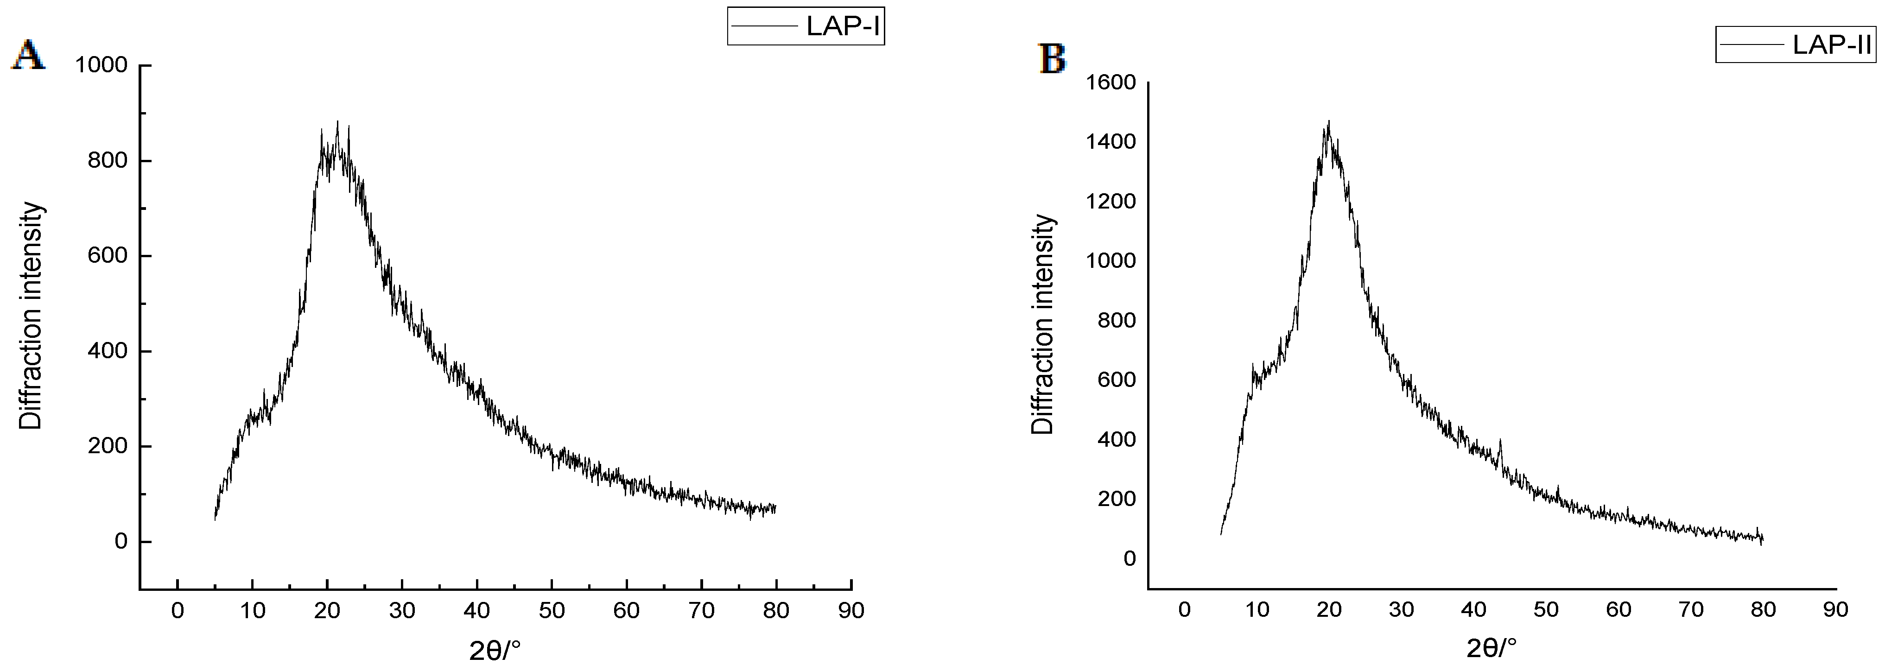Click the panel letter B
point(1052,58)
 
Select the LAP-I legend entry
point(806,26)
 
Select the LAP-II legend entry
point(1796,44)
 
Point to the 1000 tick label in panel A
point(101,65)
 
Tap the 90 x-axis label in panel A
point(851,610)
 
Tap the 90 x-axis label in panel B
point(1835,609)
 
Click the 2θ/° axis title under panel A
point(495,649)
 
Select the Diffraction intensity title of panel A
point(31,316)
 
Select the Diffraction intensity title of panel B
point(1043,324)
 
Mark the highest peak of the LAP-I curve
point(337,123)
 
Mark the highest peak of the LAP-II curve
point(1328,122)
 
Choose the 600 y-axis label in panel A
point(108,255)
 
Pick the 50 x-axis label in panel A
point(552,610)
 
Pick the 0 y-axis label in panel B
point(1129,558)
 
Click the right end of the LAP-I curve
point(775,508)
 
